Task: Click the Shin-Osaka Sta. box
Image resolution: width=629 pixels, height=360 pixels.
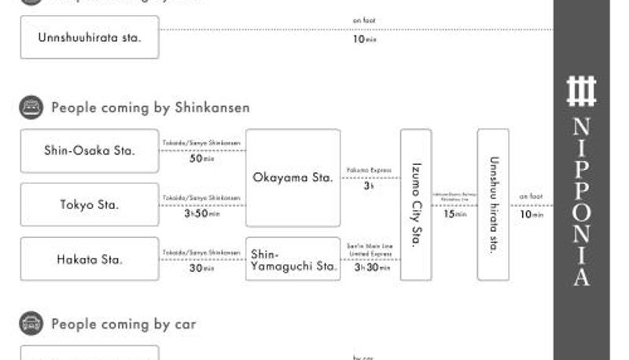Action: click(89, 150)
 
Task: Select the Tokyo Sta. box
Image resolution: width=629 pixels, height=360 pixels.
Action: click(89, 204)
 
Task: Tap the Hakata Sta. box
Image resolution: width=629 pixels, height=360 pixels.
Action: click(89, 259)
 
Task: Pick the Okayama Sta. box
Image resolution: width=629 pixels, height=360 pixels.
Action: click(292, 178)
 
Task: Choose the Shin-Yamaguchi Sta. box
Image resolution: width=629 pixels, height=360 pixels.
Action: click(292, 259)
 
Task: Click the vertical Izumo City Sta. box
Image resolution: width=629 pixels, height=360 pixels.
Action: click(416, 204)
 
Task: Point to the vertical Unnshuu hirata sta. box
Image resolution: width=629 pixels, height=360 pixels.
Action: click(493, 204)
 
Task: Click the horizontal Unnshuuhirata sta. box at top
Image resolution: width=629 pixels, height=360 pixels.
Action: click(89, 37)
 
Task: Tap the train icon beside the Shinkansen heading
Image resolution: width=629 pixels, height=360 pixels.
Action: click(31, 108)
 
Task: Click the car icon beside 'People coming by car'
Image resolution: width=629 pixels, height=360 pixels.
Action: click(31, 323)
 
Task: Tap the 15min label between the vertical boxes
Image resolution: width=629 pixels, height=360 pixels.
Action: click(454, 214)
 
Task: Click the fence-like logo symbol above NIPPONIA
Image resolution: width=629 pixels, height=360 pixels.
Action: click(582, 91)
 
